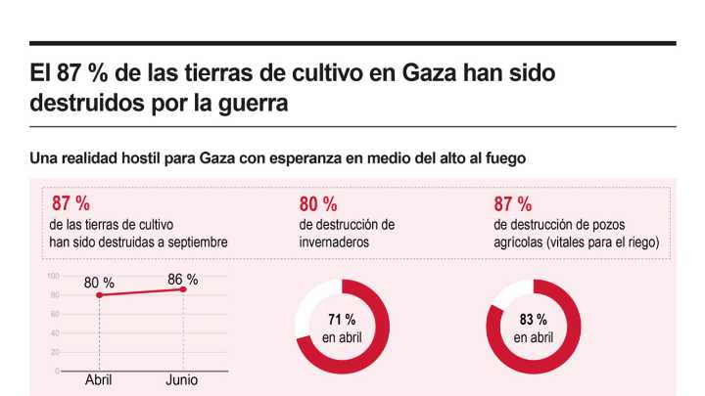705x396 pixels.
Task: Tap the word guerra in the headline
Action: (x=251, y=104)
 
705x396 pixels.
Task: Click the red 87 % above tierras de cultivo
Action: (x=70, y=204)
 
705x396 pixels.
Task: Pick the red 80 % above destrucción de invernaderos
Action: (x=317, y=204)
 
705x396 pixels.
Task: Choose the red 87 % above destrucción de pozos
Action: (x=512, y=204)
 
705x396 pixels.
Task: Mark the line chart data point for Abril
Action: (x=99, y=294)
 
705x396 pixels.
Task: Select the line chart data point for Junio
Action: (x=182, y=288)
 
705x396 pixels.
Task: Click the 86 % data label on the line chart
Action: (x=182, y=279)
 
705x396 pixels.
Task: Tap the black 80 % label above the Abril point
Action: (x=99, y=284)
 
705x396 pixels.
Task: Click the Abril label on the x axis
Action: (x=99, y=380)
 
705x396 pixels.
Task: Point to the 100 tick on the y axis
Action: (x=54, y=276)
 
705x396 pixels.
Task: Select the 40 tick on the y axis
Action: (x=55, y=333)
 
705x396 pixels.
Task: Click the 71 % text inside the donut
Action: (x=342, y=320)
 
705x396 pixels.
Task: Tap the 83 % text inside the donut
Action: (x=534, y=320)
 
